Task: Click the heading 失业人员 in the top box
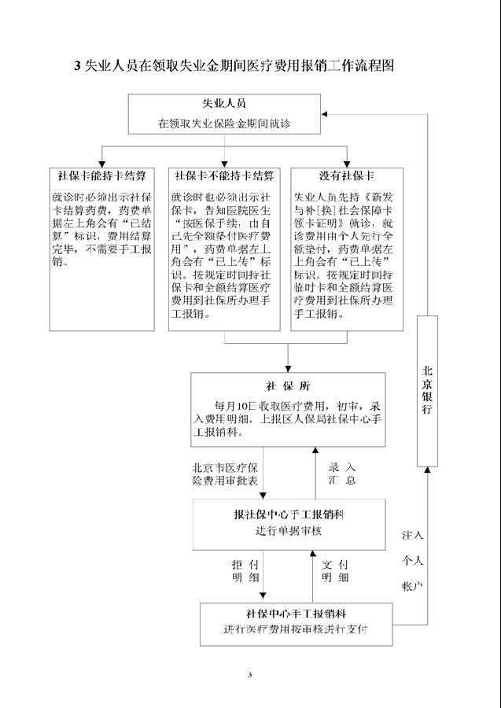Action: (x=225, y=104)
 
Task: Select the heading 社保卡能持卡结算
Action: (x=101, y=175)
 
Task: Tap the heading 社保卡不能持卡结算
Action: (x=224, y=175)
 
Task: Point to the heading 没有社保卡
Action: (x=346, y=175)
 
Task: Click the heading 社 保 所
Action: (x=288, y=385)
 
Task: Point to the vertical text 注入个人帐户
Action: (x=413, y=560)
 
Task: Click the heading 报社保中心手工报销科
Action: (x=288, y=514)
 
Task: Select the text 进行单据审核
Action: (x=288, y=530)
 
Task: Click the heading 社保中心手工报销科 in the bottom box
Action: (x=297, y=614)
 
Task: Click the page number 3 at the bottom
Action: (x=249, y=674)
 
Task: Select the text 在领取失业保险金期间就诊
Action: (x=225, y=123)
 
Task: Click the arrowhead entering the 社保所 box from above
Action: (x=288, y=367)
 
